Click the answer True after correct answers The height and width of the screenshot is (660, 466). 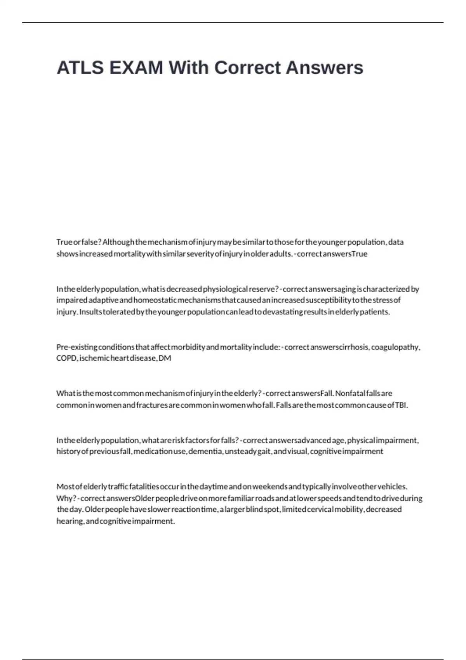tap(359, 254)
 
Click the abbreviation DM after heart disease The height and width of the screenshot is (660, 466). tap(165, 358)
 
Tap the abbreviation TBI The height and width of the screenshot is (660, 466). tap(401, 405)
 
